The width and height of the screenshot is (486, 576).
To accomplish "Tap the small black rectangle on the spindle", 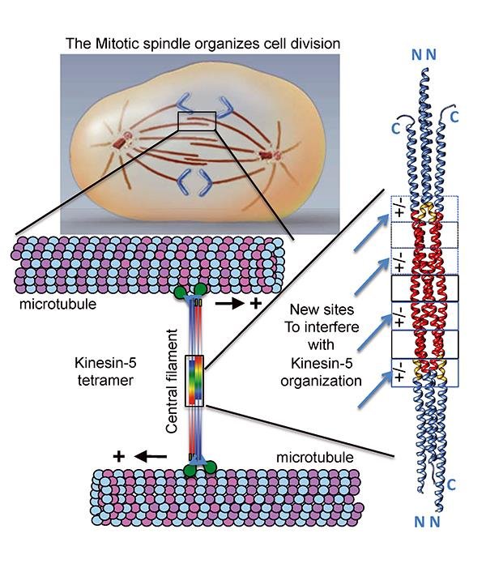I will [197, 120].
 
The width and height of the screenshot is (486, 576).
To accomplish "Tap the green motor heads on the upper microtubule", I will [195, 292].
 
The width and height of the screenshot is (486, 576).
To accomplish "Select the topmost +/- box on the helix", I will [402, 209].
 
